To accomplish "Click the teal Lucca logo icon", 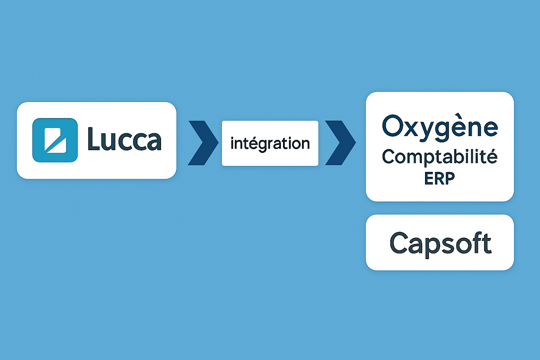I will (x=55, y=140).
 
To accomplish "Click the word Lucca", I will (x=124, y=140).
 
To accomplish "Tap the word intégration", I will (x=270, y=143).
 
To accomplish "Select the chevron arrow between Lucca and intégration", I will (x=203, y=143).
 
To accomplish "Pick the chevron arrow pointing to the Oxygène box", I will (x=340, y=143).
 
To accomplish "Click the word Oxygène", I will (x=440, y=127).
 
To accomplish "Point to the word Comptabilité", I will (x=439, y=157).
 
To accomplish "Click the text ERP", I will (x=439, y=179).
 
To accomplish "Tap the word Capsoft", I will (x=440, y=243).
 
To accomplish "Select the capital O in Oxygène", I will (x=392, y=126).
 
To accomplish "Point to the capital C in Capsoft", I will (x=400, y=243).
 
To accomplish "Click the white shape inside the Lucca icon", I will (x=55, y=140).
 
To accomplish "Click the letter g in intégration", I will (x=262, y=145).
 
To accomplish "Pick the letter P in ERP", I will (x=449, y=179).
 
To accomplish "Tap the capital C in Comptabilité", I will (x=388, y=157).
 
